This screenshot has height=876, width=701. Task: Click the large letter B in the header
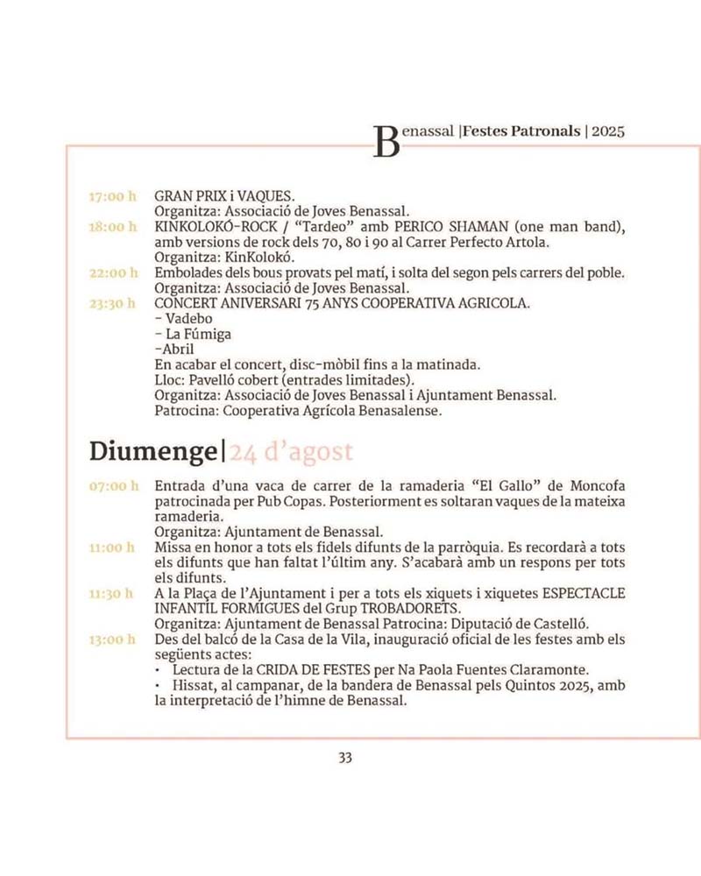pyautogui.click(x=386, y=142)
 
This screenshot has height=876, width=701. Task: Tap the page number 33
pyautogui.click(x=345, y=758)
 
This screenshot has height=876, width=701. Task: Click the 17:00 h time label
pyautogui.click(x=113, y=196)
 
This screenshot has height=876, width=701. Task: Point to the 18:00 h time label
pyautogui.click(x=113, y=227)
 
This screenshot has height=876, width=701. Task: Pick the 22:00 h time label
pyautogui.click(x=113, y=273)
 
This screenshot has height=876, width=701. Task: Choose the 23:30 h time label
pyautogui.click(x=113, y=304)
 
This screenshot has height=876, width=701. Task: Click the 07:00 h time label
pyautogui.click(x=113, y=486)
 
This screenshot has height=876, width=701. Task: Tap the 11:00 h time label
pyautogui.click(x=112, y=547)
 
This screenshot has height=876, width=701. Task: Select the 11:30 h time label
pyautogui.click(x=112, y=594)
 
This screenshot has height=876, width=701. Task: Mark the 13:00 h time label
pyautogui.click(x=112, y=639)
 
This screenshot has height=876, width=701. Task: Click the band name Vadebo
pyautogui.click(x=188, y=319)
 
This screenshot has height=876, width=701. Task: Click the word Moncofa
pyautogui.click(x=593, y=486)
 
